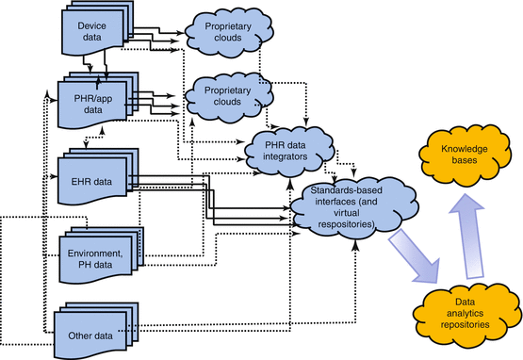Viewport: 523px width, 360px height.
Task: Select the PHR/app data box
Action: [90, 103]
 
